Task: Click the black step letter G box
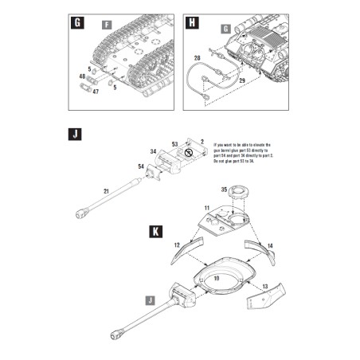coord(77,22)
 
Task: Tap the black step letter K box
coord(157,233)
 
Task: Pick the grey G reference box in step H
coord(225,29)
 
